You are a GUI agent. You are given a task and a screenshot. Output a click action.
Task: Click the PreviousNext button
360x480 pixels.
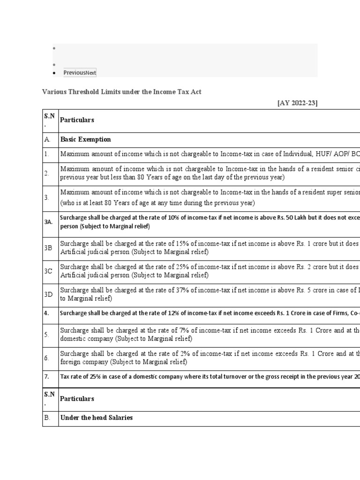point(80,73)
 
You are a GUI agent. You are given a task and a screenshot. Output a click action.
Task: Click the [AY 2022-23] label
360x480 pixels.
point(297,103)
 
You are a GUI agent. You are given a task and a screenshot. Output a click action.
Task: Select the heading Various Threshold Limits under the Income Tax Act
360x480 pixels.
point(122,92)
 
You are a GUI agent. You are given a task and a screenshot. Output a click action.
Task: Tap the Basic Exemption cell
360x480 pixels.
point(86,140)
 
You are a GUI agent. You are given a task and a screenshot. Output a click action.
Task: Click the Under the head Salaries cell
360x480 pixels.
point(97,418)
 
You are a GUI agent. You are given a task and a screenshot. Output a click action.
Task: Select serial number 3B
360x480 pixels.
point(48,247)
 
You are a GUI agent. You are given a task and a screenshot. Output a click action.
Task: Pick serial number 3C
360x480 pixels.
point(48,271)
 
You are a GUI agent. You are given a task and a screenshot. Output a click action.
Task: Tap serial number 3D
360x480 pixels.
point(48,294)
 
